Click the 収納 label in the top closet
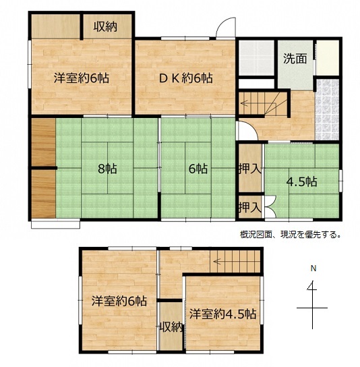[x=105, y=27]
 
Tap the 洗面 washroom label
[x=295, y=59]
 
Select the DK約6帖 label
[x=186, y=78]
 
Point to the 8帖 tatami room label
[x=108, y=169]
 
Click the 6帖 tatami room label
[x=198, y=169]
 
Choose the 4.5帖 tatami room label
[x=302, y=181]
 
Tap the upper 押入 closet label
[x=250, y=169]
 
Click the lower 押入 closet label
[x=250, y=207]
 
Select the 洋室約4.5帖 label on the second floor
[x=223, y=314]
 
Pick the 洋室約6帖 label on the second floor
[x=119, y=301]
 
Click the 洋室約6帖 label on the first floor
[x=82, y=78]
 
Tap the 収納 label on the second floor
[x=171, y=327]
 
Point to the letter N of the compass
[x=313, y=269]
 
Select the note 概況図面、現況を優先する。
[x=290, y=235]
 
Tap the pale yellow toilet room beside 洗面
[x=328, y=58]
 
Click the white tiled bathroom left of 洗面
[x=256, y=58]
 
